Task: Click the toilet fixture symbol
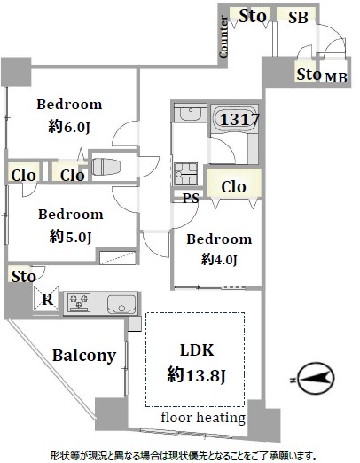[106, 167]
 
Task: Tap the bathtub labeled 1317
[236, 120]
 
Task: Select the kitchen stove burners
[79, 302]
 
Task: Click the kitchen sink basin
[122, 304]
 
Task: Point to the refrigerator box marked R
[46, 299]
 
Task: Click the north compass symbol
[315, 379]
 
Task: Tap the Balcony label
[84, 356]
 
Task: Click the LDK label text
[197, 350]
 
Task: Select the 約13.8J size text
[196, 375]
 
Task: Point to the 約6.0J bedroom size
[69, 127]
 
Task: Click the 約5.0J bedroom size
[70, 237]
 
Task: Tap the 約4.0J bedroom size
[219, 260]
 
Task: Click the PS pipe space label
[191, 198]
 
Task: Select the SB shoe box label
[298, 18]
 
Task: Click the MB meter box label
[336, 77]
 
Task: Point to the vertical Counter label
[223, 36]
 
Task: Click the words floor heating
[203, 418]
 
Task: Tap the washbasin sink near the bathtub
[191, 113]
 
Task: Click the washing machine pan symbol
[185, 174]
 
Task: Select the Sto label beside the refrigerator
[24, 277]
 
